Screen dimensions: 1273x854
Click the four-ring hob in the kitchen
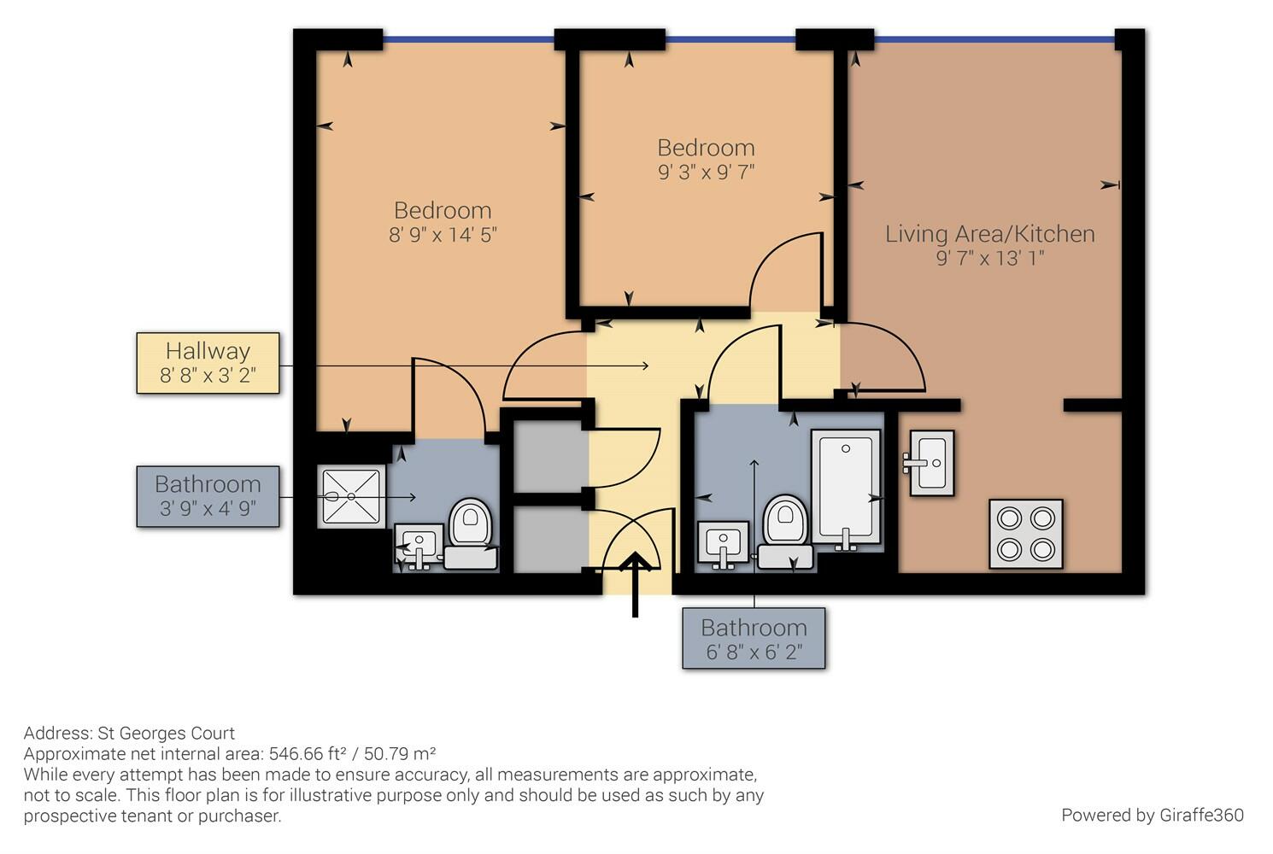point(1026,534)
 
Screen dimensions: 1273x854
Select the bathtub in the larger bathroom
point(846,488)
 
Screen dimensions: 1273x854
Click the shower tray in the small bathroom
point(351,497)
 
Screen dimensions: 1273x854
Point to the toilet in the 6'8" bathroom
point(785,532)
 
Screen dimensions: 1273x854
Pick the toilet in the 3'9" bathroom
point(471,534)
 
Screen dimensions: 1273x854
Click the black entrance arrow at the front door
point(635,584)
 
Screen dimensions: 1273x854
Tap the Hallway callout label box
point(208,363)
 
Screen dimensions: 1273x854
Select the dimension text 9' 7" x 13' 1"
point(990,259)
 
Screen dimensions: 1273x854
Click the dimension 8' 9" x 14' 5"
point(443,235)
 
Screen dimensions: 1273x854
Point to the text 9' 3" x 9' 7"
point(706,172)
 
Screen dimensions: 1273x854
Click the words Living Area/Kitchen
point(990,234)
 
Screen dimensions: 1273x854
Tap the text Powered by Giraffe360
point(1153,816)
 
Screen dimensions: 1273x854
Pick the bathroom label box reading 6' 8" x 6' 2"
point(754,638)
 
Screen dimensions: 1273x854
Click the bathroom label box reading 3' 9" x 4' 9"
point(208,497)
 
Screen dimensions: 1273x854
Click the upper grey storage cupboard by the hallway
point(551,455)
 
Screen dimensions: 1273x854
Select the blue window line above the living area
point(994,40)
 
